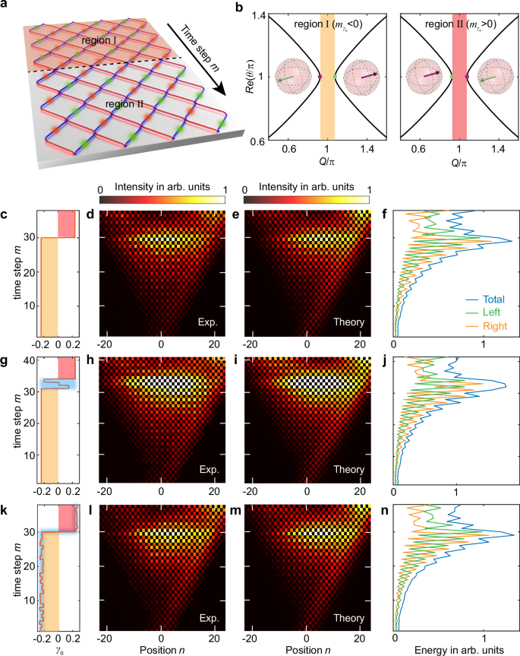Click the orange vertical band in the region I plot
click(327, 76)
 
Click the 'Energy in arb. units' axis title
click(453, 648)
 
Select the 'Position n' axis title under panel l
click(161, 648)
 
